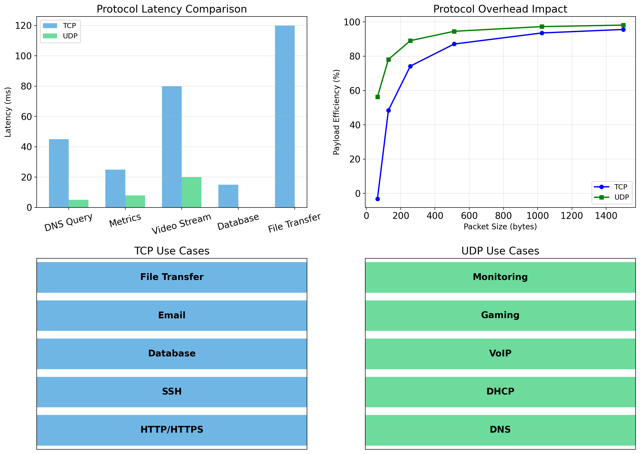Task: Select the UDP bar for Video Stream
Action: pos(191,192)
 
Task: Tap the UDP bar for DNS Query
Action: pos(78,204)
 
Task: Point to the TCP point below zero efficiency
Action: pos(378,199)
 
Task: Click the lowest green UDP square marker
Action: pos(378,97)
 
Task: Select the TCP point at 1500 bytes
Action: pos(623,30)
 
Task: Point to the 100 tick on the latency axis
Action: pos(23,56)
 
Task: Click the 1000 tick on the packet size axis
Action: pos(537,216)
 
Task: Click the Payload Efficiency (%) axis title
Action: pos(336,112)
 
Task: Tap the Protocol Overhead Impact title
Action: pos(500,9)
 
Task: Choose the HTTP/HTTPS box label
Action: pos(172,429)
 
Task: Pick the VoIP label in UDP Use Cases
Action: pos(500,353)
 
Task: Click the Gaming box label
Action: pos(500,315)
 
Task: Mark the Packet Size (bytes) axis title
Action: pos(500,227)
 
